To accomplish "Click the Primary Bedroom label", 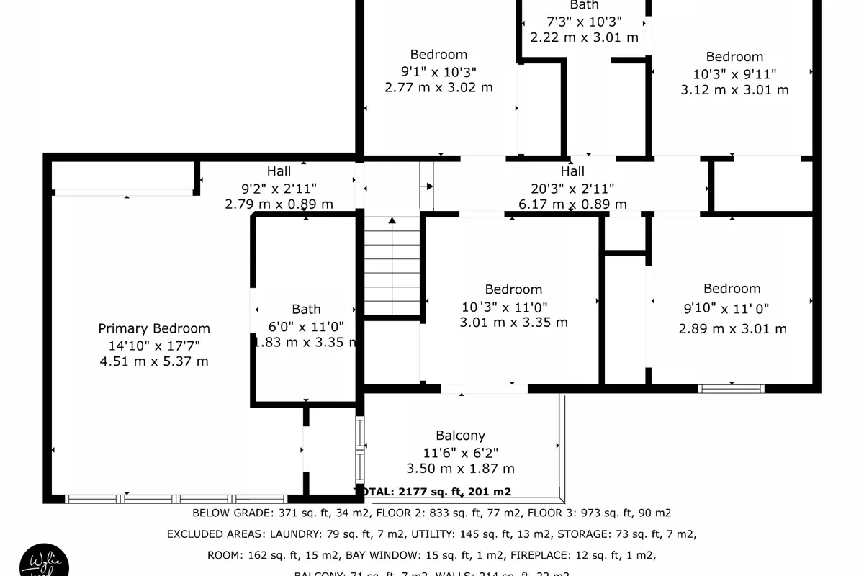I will tap(154, 328).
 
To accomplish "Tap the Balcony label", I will tap(460, 436).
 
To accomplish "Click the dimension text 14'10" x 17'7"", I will tap(154, 345).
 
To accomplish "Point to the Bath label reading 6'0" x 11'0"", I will tap(306, 309).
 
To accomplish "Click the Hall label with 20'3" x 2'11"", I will tap(572, 171).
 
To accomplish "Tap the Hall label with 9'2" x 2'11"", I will tap(279, 171).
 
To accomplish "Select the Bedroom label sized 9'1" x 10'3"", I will tap(438, 54).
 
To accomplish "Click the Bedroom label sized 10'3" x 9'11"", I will tap(734, 57).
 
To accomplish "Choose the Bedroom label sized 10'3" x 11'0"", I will tap(513, 289).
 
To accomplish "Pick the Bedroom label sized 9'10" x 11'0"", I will tap(732, 289).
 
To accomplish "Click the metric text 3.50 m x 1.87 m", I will tap(460, 469).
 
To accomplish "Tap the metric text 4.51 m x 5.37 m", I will tap(154, 361).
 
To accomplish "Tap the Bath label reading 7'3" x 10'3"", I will tap(584, 5).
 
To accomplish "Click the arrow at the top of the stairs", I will tap(428, 186).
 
